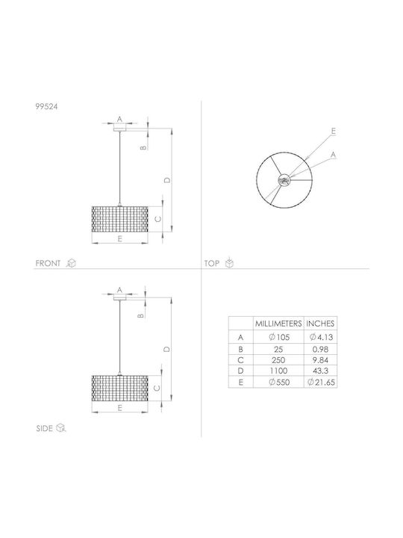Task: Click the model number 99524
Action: pyautogui.click(x=46, y=107)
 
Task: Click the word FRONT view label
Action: pyautogui.click(x=48, y=264)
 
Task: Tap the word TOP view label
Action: pyautogui.click(x=212, y=264)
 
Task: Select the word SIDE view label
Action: pyautogui.click(x=45, y=429)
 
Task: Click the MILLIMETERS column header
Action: pyautogui.click(x=278, y=324)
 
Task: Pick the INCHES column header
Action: pyautogui.click(x=320, y=324)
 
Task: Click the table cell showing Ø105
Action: pyautogui.click(x=279, y=337)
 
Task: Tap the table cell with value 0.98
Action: pyautogui.click(x=320, y=349)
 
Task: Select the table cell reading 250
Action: pyautogui.click(x=278, y=360)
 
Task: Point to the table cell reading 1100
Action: pyautogui.click(x=278, y=371)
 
